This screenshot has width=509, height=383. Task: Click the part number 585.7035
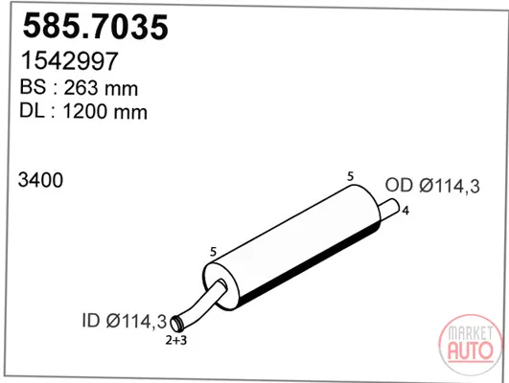96,26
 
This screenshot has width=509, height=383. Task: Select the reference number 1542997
69,60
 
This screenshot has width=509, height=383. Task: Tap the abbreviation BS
33,86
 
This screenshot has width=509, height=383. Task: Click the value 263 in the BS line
81,87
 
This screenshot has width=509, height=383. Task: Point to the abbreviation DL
32,110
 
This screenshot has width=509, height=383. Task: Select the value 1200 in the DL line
84,112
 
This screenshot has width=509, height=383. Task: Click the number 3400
40,180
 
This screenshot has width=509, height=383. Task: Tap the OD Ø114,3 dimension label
432,186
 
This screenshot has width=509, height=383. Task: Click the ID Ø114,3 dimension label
125,321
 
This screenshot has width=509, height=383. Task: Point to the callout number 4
405,211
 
